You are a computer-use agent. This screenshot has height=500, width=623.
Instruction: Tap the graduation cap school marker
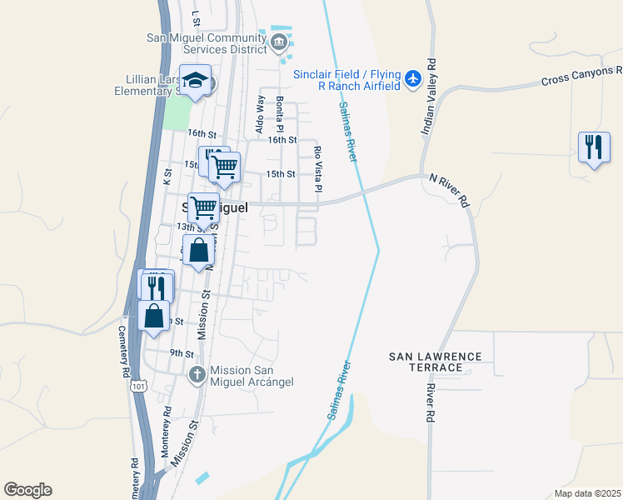[196, 82]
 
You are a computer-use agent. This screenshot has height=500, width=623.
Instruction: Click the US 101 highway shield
[136, 385]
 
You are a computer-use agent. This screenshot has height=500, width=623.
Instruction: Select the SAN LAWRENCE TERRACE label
[436, 362]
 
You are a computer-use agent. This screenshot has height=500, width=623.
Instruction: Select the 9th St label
[182, 353]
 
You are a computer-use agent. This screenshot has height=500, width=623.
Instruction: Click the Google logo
[27, 490]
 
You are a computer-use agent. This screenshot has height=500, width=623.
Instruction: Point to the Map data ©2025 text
[586, 493]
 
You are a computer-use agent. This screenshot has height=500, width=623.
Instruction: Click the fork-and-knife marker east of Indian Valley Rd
[593, 147]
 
